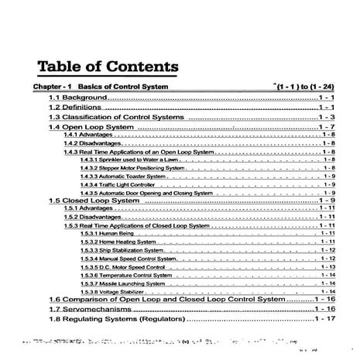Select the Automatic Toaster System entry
point(123,177)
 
